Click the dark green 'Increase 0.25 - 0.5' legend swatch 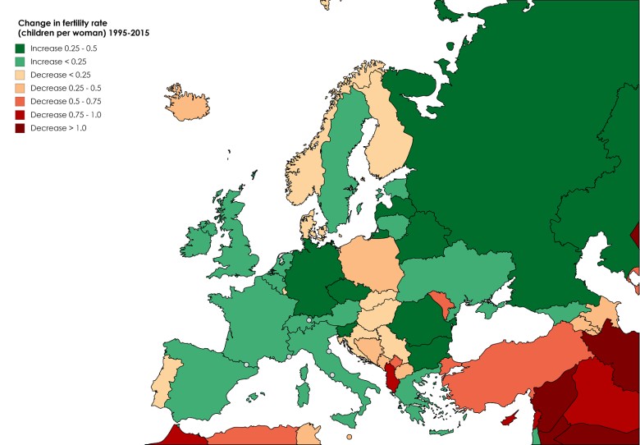[x=20, y=48]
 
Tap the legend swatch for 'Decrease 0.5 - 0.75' [x=20, y=102]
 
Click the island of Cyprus [x=510, y=419]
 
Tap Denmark [x=310, y=221]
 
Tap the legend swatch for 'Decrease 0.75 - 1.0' [x=20, y=115]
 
